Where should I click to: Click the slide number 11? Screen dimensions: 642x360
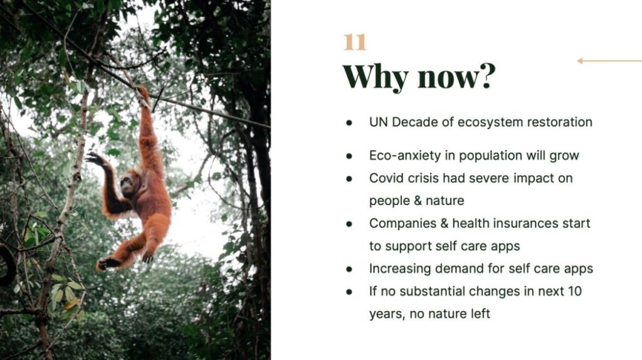click(x=355, y=42)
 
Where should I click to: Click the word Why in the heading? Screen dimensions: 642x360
click(x=376, y=77)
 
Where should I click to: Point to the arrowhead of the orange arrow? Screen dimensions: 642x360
click(x=580, y=61)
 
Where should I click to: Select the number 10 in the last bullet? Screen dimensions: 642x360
click(x=574, y=291)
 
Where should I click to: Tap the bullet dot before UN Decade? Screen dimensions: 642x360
click(x=349, y=122)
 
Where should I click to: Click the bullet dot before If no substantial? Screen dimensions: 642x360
click(x=349, y=292)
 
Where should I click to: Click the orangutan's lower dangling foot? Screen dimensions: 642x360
click(x=105, y=263)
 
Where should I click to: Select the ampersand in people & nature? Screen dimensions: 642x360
click(x=418, y=201)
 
